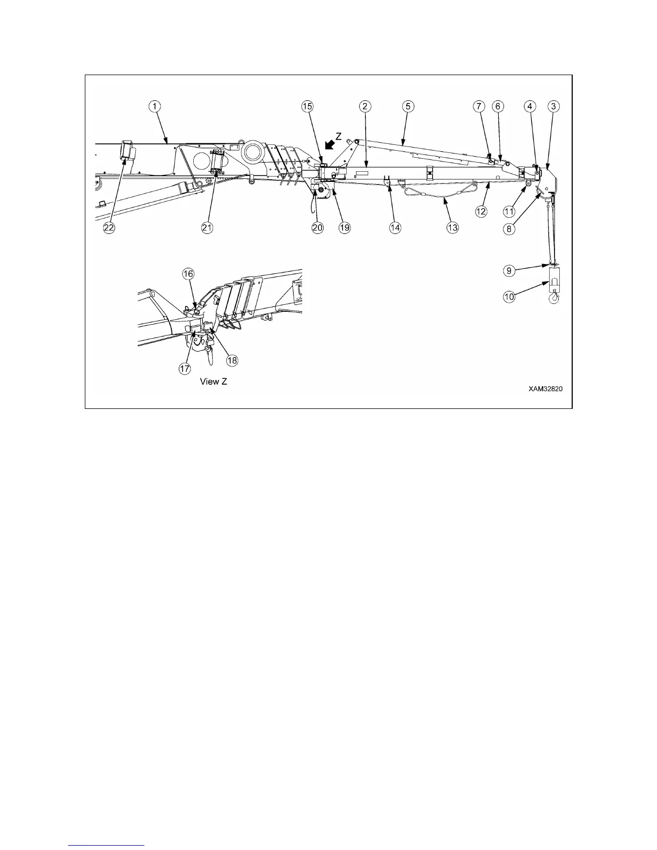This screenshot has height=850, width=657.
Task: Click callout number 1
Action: point(154,106)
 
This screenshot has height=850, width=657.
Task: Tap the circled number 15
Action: point(306,106)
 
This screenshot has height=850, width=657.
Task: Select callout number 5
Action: point(407,106)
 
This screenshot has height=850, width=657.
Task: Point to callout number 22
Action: point(109,228)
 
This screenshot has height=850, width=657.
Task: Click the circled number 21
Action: point(207,228)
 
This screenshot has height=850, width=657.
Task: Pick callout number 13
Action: point(452,228)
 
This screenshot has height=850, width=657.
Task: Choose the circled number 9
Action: point(509,271)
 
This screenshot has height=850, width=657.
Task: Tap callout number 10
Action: point(509,296)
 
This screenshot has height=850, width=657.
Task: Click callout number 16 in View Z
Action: point(188,274)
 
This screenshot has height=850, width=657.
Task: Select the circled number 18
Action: point(232,361)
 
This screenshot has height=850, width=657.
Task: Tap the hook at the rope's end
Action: point(554,298)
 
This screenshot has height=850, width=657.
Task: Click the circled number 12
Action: point(480,211)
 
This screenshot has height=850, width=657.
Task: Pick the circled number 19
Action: point(344,228)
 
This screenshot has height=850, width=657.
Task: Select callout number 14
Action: point(395,228)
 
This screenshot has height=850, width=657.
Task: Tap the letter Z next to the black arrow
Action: point(339,136)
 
